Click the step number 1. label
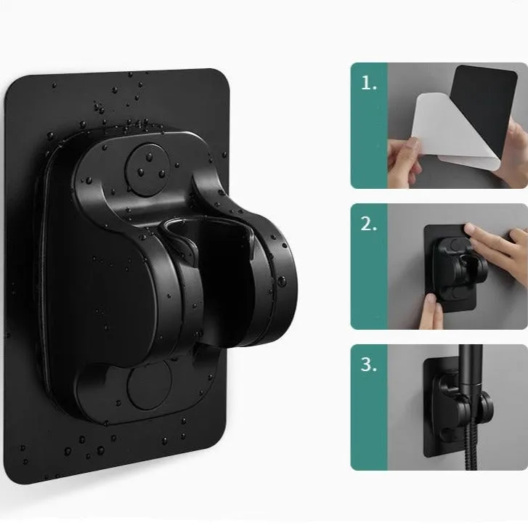coord(370,83)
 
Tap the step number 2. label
coord(370,224)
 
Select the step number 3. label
coord(370,365)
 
